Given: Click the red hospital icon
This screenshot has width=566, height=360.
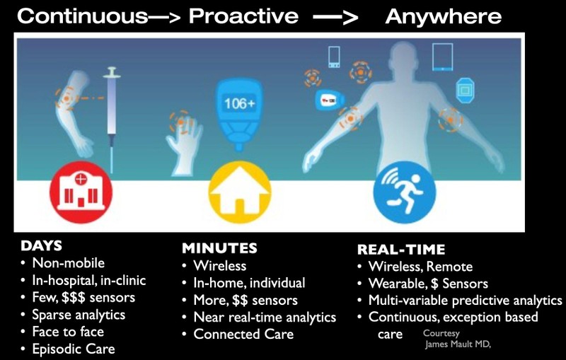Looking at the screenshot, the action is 81,192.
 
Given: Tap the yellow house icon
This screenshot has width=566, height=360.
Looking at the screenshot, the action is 240,192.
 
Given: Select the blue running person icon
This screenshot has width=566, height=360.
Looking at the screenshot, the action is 405,192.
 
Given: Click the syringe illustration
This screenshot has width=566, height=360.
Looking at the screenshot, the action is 112,119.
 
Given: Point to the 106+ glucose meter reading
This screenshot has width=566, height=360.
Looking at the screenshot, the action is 239,104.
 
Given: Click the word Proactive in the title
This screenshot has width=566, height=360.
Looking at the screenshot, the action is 243,16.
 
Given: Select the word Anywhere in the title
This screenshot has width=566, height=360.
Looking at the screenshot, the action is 444,16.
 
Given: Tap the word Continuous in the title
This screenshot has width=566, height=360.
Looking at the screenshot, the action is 83,16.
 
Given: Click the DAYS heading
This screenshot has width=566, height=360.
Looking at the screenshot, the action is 42,245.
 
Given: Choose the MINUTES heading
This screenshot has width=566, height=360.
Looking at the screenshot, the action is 219,248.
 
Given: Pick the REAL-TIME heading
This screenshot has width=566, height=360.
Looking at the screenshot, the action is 401,250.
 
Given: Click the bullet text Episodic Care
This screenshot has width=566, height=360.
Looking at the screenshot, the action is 74,349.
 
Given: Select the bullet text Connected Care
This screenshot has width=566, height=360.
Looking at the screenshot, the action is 243,334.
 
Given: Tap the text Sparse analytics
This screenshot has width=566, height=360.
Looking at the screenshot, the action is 79,315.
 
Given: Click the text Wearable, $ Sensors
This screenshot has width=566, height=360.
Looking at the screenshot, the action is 428,284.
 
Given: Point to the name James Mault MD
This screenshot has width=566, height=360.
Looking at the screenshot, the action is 458,344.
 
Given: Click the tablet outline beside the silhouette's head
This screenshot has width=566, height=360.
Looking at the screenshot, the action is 443,57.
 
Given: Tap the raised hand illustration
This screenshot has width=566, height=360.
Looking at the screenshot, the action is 183,142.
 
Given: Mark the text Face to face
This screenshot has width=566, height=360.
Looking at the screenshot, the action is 68,332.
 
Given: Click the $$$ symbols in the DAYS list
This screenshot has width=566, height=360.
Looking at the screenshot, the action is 74,298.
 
